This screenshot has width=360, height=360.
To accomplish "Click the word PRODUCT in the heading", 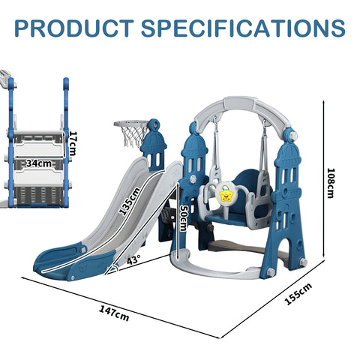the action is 74,28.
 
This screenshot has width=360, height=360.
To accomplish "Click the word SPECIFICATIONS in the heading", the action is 243,28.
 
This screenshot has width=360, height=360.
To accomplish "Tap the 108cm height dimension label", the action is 331,183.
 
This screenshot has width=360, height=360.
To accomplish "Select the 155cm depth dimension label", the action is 298,294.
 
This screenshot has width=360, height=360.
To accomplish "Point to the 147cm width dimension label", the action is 114,313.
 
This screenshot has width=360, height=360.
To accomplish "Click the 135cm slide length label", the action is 130,202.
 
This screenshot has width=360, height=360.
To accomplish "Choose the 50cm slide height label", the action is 183,218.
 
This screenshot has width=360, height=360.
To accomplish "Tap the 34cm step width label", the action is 39,163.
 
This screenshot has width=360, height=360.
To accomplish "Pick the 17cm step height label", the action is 72,143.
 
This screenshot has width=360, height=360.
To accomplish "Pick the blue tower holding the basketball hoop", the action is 154,145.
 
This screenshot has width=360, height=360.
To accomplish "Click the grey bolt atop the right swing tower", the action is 293,136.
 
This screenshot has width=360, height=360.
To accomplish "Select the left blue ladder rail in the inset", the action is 10,142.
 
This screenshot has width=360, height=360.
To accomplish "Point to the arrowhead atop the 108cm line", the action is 324,102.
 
